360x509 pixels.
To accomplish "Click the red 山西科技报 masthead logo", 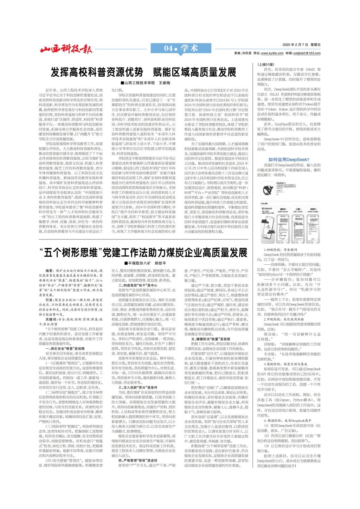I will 66,49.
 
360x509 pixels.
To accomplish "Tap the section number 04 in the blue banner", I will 169,48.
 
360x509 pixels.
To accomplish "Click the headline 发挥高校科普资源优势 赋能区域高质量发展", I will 144,72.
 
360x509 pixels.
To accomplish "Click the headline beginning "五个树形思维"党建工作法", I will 144,252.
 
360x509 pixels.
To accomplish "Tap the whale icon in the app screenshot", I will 271,186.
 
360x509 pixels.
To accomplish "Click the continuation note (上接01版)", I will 266,65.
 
